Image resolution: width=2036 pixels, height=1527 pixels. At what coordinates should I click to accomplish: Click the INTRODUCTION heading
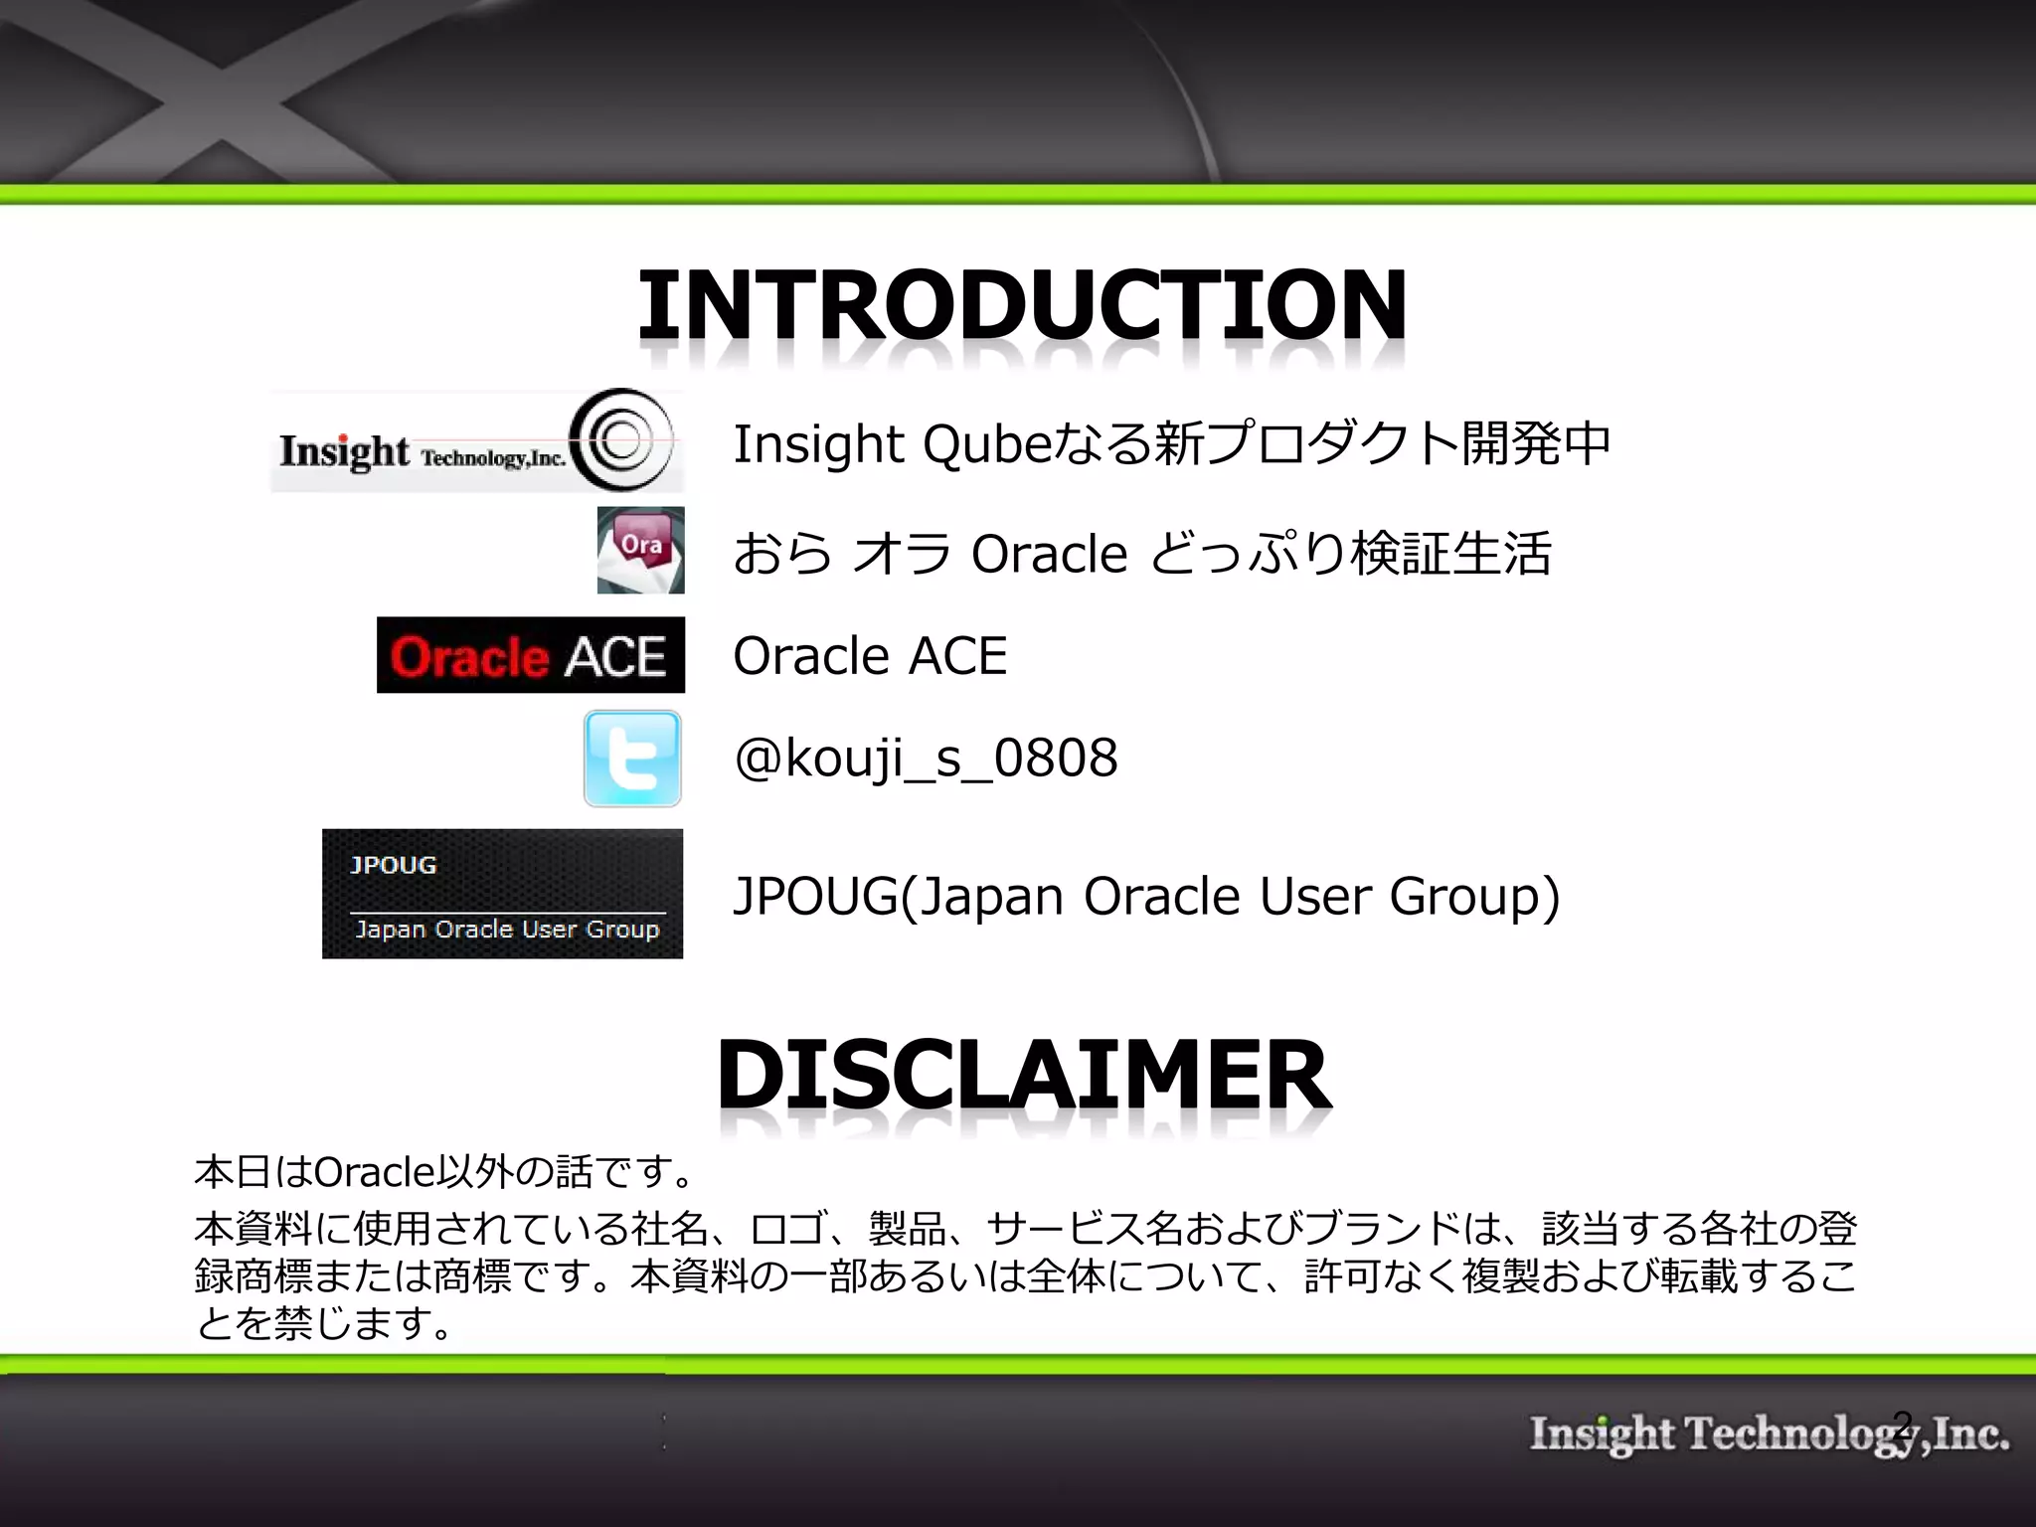point(1022,304)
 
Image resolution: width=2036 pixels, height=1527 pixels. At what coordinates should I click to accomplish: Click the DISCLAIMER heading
point(1024,1075)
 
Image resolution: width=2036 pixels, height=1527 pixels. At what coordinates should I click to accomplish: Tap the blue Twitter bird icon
point(632,759)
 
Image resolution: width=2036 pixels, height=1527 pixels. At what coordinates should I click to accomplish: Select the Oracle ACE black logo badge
point(531,655)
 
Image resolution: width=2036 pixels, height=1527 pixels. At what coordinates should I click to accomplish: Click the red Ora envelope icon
point(640,550)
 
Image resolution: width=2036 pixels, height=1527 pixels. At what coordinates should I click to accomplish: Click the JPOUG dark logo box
point(502,894)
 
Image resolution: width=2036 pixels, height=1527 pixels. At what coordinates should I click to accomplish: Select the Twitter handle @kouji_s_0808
point(926,759)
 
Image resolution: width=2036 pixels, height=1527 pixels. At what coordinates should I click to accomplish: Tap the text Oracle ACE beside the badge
point(870,656)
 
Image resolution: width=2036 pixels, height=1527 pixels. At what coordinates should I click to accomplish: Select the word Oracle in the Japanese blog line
point(1049,554)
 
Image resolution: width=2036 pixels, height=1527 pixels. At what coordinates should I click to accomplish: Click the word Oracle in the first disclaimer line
point(374,1173)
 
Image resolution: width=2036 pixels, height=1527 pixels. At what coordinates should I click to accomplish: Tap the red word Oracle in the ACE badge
point(469,657)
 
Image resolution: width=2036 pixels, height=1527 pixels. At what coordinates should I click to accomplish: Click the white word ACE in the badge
point(615,657)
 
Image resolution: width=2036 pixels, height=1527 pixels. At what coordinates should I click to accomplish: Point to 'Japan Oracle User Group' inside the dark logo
point(507,930)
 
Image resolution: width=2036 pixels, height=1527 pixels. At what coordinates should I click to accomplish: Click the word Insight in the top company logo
point(344,452)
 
